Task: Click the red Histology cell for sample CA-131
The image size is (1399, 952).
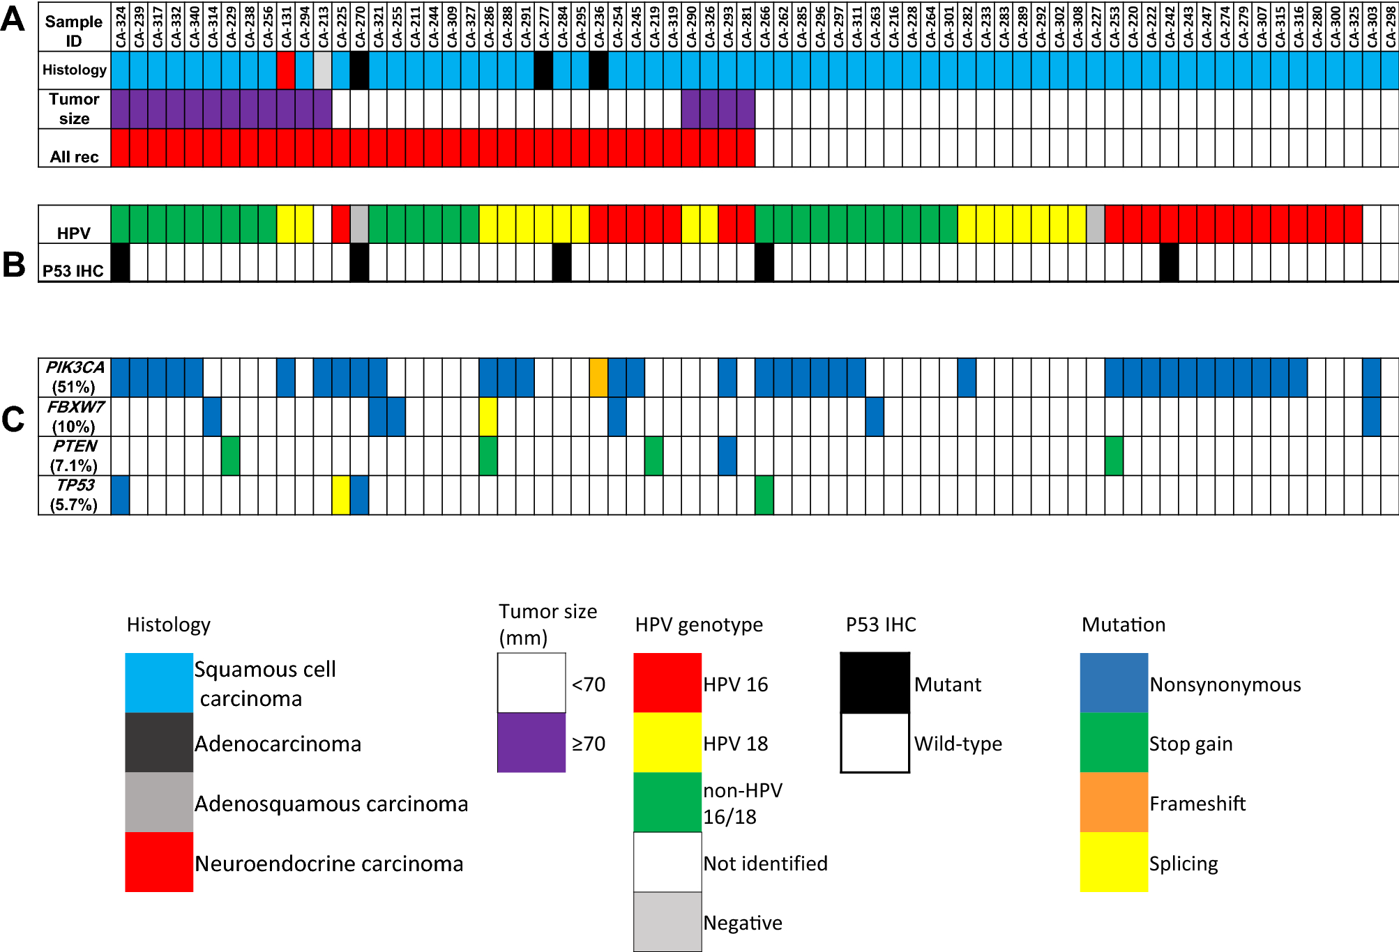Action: pos(286,70)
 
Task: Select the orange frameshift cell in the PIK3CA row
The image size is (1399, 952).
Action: pos(598,378)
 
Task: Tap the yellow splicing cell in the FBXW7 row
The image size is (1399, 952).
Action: pos(488,417)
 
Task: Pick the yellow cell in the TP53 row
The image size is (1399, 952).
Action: pos(341,495)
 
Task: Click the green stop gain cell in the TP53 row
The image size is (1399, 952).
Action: pos(764,495)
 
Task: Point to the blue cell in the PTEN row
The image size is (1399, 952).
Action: pos(727,456)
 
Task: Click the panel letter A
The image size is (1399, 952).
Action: pos(13,20)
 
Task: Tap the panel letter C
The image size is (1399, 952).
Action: pos(13,419)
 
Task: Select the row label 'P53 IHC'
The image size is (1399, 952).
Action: pos(73,270)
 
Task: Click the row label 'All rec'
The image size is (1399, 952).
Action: pos(74,157)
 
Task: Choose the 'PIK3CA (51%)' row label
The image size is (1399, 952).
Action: pos(75,377)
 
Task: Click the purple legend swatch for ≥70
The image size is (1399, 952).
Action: pos(531,743)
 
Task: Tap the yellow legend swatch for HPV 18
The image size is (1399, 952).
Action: pos(667,743)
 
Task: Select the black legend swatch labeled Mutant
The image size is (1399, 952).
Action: pos(875,683)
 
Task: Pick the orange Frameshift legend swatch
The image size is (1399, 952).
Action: pos(1114,802)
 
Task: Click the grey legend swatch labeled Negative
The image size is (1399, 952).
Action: pos(667,921)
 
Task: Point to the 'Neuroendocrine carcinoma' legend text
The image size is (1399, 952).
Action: pos(328,863)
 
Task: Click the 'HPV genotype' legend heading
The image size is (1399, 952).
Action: pos(699,624)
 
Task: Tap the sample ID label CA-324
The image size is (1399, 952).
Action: pos(121,27)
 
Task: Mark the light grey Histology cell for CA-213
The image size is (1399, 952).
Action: pos(323,70)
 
